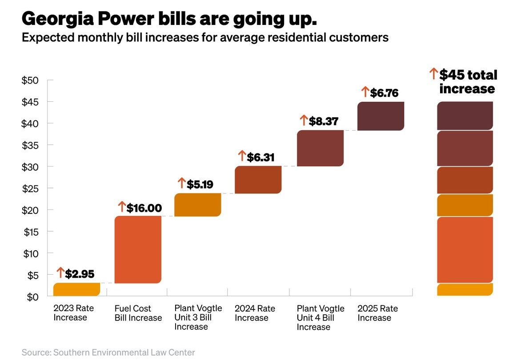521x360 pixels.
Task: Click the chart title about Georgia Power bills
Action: pyautogui.click(x=169, y=20)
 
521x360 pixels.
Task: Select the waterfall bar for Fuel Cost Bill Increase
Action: pyautogui.click(x=138, y=249)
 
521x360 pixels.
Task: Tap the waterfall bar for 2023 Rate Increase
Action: pyautogui.click(x=76, y=289)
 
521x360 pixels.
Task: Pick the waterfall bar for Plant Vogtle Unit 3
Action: pyautogui.click(x=198, y=205)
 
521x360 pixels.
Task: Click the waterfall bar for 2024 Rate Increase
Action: pyautogui.click(x=258, y=180)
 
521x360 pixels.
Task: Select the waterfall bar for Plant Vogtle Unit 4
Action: pyautogui.click(x=320, y=148)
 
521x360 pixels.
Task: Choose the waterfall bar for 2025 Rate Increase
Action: pyautogui.click(x=381, y=116)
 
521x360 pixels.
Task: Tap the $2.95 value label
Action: pyautogui.click(x=80, y=273)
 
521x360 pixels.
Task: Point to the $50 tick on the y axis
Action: pyautogui.click(x=30, y=80)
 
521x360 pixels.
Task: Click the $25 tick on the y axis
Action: pyautogui.click(x=30, y=189)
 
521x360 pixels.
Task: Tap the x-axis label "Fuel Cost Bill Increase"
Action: pyautogui.click(x=138, y=313)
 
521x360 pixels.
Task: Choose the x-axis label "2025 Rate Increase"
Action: pyautogui.click(x=377, y=313)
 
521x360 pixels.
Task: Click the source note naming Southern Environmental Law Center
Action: pyautogui.click(x=108, y=352)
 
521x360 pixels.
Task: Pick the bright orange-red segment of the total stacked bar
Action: pyautogui.click(x=465, y=249)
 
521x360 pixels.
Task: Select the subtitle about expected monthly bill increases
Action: pyautogui.click(x=205, y=38)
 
